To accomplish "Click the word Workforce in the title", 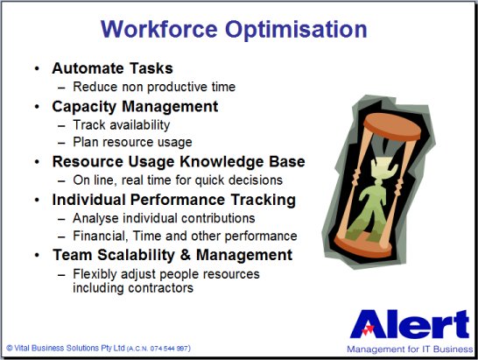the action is click(158, 29).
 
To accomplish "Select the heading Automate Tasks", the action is click(112, 68).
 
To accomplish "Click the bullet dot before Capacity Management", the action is click(37, 107).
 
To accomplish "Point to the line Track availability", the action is click(122, 125).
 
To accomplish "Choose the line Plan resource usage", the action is click(132, 143).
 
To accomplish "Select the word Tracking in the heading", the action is click(264, 201).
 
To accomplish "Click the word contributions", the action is click(218, 218).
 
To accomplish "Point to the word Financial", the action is click(99, 236).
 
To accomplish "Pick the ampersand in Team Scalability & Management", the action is click(186, 255).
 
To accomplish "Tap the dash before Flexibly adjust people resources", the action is click(61, 274).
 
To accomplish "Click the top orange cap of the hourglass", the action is click(392, 126).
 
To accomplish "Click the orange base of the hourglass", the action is click(362, 246).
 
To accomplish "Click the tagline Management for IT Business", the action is click(410, 349).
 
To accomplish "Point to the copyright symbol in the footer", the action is click(10, 348).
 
